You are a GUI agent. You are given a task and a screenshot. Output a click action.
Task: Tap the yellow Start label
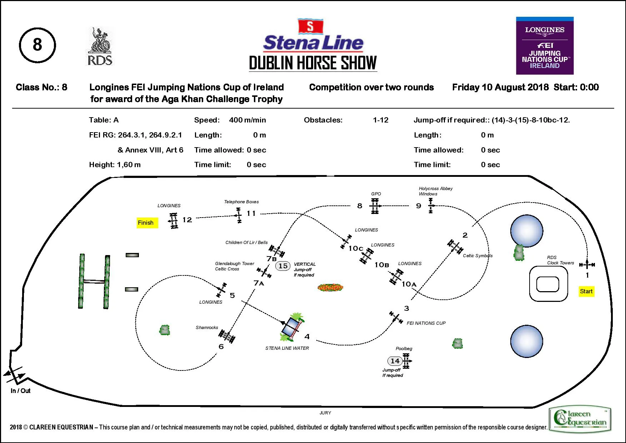coord(586,291)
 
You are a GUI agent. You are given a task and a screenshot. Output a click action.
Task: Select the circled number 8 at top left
coord(37,45)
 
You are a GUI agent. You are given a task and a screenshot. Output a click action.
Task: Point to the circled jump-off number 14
coord(395,361)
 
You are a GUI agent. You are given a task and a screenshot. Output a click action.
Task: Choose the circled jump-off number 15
coord(283,266)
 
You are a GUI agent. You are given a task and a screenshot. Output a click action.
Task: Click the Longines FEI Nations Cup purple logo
coord(545,46)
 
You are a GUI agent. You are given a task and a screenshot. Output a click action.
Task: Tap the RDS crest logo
coord(100,46)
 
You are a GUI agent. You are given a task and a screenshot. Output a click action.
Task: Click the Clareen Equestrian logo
coord(580,418)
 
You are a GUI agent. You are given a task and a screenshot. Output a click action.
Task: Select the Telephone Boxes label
coord(241,202)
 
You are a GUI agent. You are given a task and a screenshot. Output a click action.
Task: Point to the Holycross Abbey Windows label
coord(435,191)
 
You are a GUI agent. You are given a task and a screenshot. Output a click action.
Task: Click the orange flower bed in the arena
coord(330,287)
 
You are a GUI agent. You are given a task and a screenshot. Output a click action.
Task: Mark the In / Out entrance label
coord(20,390)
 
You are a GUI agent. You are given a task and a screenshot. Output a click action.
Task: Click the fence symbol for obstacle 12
coord(174,220)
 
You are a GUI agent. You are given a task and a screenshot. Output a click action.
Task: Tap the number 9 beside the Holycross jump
coord(419,206)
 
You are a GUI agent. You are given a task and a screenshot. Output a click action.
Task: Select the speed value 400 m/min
coord(247,120)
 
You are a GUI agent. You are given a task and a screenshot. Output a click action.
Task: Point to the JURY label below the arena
coord(325,413)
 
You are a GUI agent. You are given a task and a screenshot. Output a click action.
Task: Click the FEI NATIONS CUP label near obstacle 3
coord(426,323)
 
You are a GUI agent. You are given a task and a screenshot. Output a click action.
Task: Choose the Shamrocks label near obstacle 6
coord(207,327)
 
